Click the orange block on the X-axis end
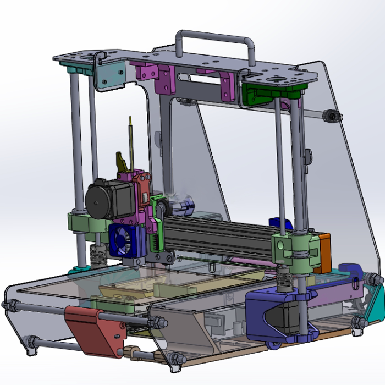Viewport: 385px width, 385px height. [324, 253]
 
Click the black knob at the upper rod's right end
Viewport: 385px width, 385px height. [331, 116]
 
